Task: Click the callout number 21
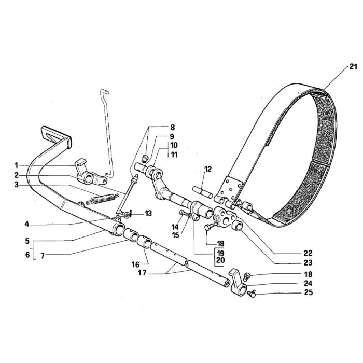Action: click(x=353, y=67)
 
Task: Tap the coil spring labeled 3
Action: click(x=102, y=199)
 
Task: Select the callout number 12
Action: click(x=207, y=169)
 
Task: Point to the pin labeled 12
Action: click(x=203, y=192)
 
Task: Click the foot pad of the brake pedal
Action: click(x=56, y=136)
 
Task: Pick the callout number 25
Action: click(x=308, y=292)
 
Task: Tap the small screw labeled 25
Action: click(x=252, y=294)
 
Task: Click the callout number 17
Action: click(x=142, y=273)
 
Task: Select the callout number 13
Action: click(x=148, y=213)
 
